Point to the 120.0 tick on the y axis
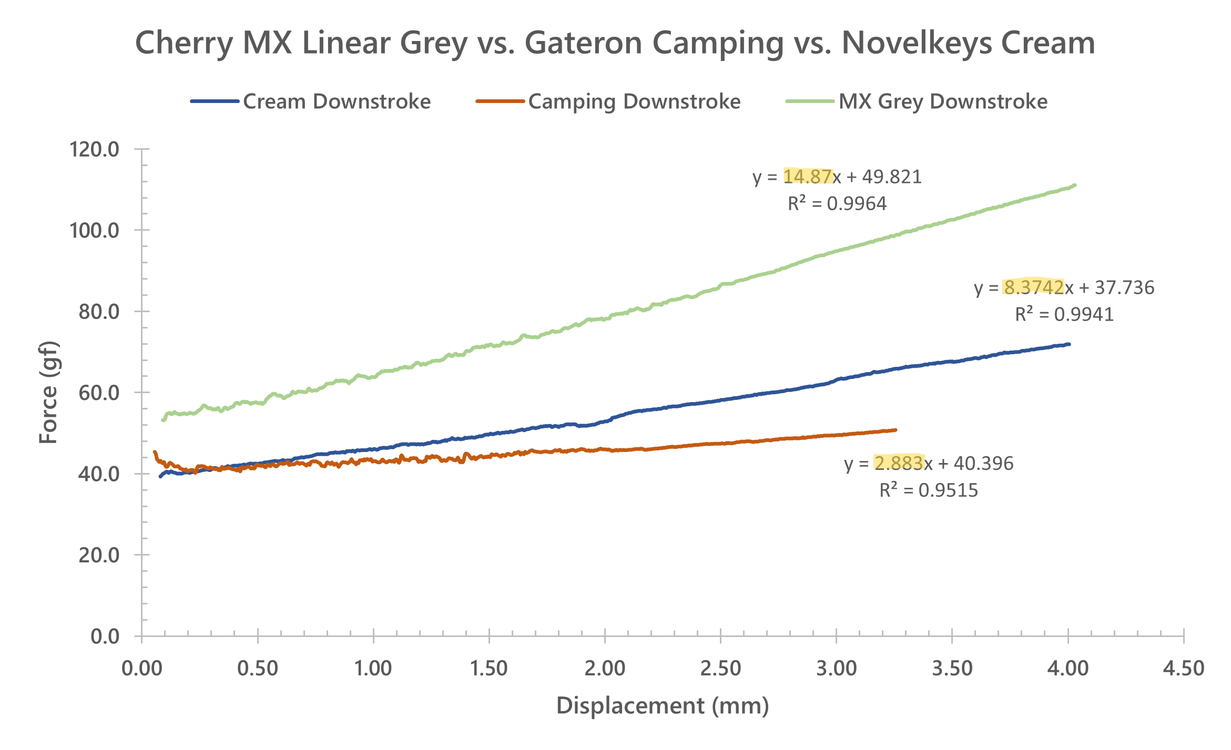95,149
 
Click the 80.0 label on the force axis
99,312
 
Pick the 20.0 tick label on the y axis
99,555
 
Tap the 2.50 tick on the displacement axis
720,669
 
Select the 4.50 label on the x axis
1184,669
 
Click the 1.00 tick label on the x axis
373,669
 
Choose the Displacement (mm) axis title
663,705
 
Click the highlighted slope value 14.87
808,177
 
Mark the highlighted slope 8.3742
1033,287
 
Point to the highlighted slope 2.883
899,463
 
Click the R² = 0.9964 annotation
837,203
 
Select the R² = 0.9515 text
929,490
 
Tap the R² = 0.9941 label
1064,314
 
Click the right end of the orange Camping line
895,430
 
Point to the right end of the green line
1074,185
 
